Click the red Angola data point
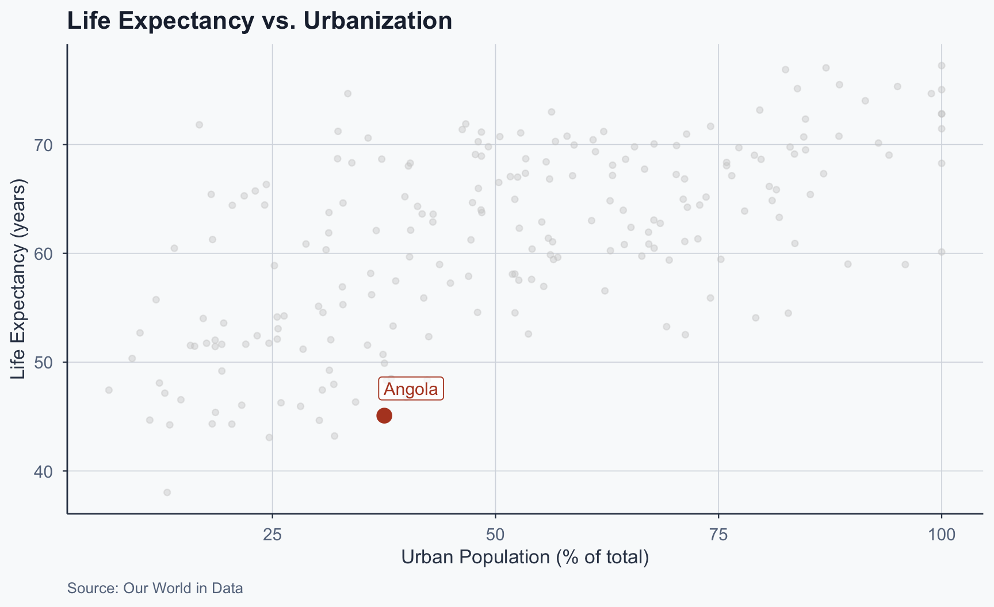click(384, 416)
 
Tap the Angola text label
click(411, 389)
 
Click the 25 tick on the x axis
click(272, 535)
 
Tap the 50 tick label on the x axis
click(495, 535)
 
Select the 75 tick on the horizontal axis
click(718, 535)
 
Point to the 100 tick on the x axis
click(941, 535)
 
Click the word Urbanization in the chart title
click(377, 21)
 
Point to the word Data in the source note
click(229, 588)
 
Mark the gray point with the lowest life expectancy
click(167, 493)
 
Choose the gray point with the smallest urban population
click(109, 390)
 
